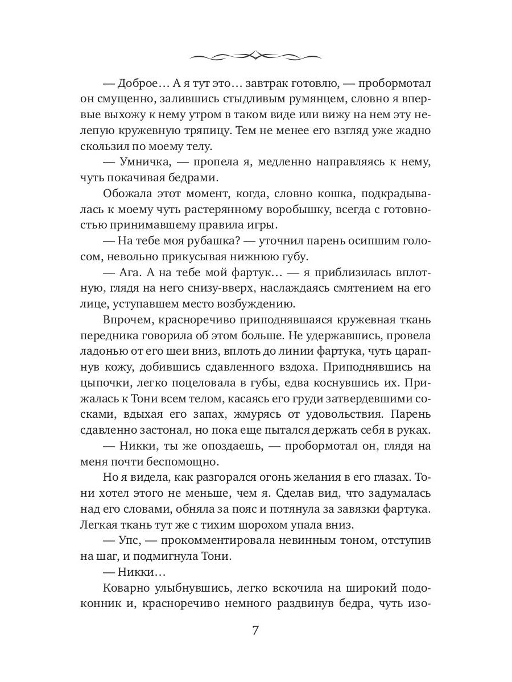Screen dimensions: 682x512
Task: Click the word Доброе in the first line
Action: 139,83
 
